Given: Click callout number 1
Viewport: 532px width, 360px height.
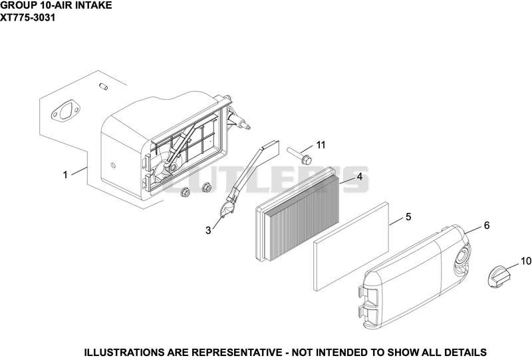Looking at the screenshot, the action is (x=65, y=175).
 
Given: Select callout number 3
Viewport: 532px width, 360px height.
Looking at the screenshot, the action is (x=208, y=230).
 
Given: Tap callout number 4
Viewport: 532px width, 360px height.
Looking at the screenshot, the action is (x=359, y=176).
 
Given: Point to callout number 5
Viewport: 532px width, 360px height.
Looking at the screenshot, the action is (x=408, y=217).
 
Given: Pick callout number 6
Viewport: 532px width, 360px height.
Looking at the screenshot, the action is (x=487, y=225).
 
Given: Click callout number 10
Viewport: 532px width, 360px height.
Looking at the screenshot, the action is (x=525, y=261).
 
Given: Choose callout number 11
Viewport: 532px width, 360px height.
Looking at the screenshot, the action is (x=321, y=145).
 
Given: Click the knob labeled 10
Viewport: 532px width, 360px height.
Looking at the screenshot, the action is (x=498, y=277).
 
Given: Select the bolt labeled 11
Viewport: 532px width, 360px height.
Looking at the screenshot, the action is (x=299, y=154).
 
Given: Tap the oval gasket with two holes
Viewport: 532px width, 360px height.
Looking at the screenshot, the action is (x=65, y=112).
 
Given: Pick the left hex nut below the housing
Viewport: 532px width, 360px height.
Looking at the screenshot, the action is (x=186, y=192).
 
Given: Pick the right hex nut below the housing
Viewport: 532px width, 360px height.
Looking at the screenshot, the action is (x=205, y=187).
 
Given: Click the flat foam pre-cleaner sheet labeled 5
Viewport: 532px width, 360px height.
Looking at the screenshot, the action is (x=351, y=247).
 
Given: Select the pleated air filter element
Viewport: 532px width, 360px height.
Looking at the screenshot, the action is (x=297, y=214).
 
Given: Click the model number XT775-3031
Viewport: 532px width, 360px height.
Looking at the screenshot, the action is (x=27, y=17).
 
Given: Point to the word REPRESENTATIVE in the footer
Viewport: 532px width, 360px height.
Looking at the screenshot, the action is (x=239, y=352).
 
